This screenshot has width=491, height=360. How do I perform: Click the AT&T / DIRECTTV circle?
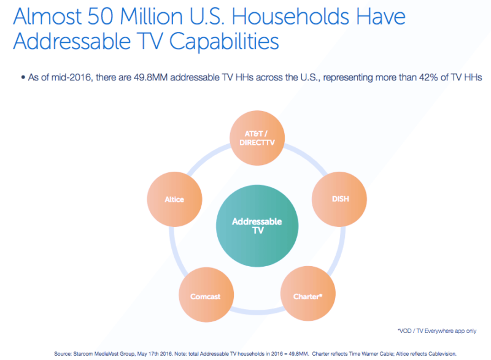(x=257, y=138)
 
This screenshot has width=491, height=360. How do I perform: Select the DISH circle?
(x=339, y=199)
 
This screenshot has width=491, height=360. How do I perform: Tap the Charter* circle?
(x=308, y=293)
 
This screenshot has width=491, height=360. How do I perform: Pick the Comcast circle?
(x=206, y=294)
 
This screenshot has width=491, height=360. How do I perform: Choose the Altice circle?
(x=174, y=199)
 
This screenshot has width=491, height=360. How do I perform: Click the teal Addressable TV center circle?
(x=257, y=226)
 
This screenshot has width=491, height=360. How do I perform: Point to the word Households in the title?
(x=290, y=17)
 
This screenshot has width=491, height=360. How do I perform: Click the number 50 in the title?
(x=100, y=17)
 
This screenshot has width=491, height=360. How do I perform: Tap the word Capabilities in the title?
(x=224, y=41)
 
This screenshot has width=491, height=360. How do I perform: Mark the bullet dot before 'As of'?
(x=23, y=77)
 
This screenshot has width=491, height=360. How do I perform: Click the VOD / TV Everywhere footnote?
(x=437, y=331)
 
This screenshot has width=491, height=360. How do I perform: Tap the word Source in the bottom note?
(x=63, y=354)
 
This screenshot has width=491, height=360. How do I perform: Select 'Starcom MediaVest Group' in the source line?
(x=104, y=354)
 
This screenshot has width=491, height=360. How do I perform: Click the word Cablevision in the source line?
(x=443, y=354)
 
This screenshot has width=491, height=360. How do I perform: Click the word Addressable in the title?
(x=72, y=41)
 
